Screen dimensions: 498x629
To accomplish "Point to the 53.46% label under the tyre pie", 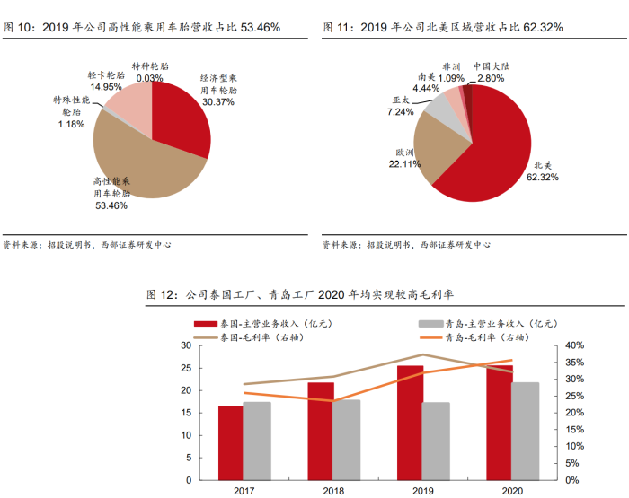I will [111, 205].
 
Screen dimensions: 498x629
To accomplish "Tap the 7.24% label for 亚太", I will [401, 112].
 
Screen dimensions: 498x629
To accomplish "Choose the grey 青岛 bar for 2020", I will [526, 431].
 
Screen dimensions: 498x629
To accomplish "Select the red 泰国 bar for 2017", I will [230, 442].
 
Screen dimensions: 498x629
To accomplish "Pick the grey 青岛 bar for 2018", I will [347, 440].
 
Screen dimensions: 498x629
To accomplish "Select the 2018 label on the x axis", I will [333, 491].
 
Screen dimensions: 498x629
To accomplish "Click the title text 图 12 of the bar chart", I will [162, 294].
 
